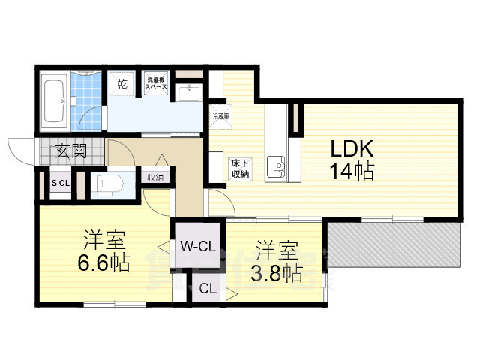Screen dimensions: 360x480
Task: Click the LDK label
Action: [348, 148]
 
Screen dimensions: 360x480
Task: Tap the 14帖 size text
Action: [349, 171]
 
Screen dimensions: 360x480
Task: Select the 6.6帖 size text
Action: [103, 263]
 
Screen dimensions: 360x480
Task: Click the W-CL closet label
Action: [198, 245]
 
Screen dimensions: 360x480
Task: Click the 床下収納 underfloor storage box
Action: [239, 169]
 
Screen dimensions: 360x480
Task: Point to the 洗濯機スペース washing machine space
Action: [156, 82]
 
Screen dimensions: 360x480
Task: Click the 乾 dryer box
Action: [122, 83]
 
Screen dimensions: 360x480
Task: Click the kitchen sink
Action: [278, 166]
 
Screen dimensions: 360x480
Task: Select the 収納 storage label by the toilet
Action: [155, 178]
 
